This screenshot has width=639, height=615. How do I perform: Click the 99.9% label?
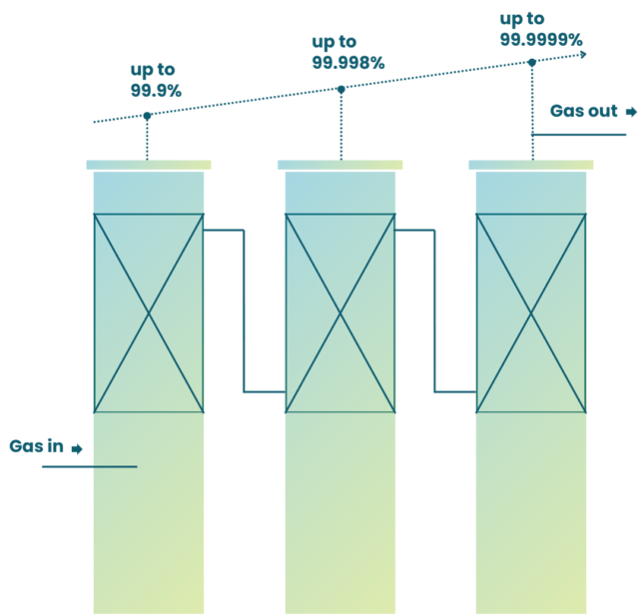tap(156, 91)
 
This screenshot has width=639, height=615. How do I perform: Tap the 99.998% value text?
tap(348, 63)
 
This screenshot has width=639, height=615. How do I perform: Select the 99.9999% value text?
tap(541, 40)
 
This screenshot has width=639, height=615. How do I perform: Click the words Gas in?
tap(36, 446)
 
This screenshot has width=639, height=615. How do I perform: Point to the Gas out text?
tap(583, 111)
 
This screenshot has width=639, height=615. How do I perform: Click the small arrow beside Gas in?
tap(77, 449)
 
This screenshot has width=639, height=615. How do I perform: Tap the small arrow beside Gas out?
tap(631, 112)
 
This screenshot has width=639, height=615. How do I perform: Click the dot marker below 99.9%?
tap(147, 116)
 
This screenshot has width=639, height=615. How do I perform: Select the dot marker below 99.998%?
tap(341, 90)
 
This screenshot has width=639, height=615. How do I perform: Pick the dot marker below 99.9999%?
tap(532, 62)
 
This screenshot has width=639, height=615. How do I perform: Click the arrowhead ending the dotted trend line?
tap(583, 55)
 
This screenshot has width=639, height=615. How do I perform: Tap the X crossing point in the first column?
tap(149, 313)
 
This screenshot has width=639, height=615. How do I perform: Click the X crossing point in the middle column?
tap(340, 313)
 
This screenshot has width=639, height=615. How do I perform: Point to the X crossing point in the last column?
tap(531, 313)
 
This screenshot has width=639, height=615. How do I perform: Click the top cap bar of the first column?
tap(149, 165)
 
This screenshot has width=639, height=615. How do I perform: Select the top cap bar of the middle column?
tap(340, 165)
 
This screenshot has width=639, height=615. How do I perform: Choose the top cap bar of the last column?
tap(531, 165)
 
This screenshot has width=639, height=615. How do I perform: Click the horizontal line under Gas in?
tap(90, 466)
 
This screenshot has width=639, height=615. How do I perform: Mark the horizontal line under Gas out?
tap(579, 135)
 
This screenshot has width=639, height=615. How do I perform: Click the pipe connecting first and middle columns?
tap(244, 310)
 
